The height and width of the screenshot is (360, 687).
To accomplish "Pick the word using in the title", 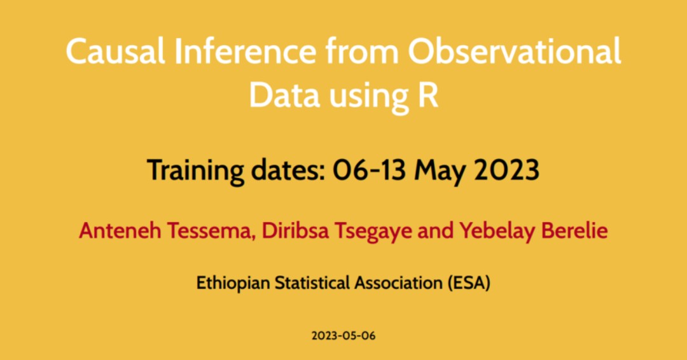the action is pos(369,97).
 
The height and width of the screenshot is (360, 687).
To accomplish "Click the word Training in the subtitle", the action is pos(195,170).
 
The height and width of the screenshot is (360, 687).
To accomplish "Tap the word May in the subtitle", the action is pos(440,171).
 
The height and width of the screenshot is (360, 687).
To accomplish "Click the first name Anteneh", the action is pos(120,230).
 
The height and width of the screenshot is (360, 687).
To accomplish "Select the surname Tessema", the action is pos(212,232).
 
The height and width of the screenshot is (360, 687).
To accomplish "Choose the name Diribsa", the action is pos(295,230).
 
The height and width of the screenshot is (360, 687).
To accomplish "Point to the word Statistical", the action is pos(312,282).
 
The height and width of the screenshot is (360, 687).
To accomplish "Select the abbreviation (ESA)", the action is pos(469,283).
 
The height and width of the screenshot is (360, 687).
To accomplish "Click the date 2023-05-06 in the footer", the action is pos(343,336).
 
